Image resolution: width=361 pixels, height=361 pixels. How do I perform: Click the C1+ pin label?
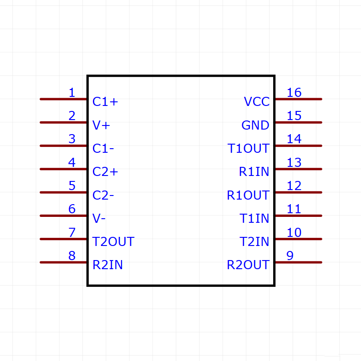point(105,102)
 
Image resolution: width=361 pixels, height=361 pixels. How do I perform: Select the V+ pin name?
point(101,125)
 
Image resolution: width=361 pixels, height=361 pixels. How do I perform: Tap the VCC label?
point(257,102)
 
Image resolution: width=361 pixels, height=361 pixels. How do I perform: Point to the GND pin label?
point(255,125)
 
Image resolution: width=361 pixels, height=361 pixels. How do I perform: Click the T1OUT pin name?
point(249,149)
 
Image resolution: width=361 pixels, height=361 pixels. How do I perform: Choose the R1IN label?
point(254,172)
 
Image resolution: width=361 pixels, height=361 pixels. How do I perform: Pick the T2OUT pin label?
point(113,242)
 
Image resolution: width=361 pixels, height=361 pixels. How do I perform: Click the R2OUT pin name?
point(248,265)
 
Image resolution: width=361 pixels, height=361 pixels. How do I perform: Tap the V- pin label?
point(99,219)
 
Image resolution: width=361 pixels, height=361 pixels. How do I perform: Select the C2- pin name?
point(103,196)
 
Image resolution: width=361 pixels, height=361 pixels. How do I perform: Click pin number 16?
point(294,93)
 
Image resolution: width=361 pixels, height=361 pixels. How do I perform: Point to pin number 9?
point(290,256)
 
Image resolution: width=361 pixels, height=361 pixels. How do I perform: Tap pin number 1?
point(71,93)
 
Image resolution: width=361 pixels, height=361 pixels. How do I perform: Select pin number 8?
point(71,256)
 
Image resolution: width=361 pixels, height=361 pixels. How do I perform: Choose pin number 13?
point(294,163)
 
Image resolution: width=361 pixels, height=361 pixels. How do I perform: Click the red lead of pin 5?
point(64,192)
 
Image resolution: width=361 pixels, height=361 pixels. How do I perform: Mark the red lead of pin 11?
point(298,216)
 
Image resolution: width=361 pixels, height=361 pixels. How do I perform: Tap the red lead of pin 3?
point(64,145)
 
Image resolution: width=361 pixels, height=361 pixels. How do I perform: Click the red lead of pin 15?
point(298,122)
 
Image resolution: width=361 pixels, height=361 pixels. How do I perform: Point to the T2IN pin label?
point(254,242)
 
